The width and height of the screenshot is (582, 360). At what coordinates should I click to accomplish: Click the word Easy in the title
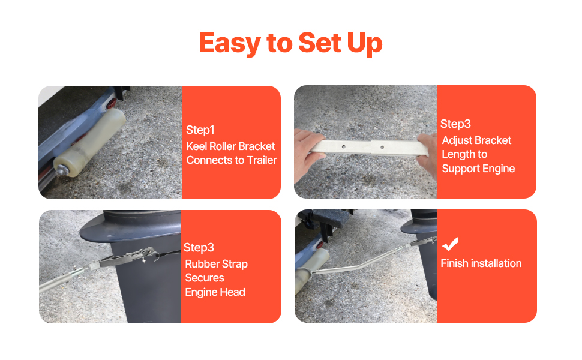pos(229,43)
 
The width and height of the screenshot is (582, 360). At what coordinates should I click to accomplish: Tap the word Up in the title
pos(364,44)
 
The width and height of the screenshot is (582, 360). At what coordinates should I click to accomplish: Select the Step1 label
pos(200,130)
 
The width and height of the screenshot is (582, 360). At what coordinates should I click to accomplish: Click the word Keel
pos(197,146)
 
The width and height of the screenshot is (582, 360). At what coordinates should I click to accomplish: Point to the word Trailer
pos(262,160)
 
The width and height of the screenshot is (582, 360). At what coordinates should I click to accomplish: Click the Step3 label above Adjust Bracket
pos(455,124)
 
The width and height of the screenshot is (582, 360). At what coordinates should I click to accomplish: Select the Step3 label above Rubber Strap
pos(199,248)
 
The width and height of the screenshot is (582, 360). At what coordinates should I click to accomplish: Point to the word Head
pos(233,292)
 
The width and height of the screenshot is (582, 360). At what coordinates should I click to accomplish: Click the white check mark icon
pos(450,244)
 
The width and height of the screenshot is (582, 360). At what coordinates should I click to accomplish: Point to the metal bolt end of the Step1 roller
pos(61,170)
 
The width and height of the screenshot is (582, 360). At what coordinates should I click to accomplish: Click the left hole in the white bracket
pos(344,146)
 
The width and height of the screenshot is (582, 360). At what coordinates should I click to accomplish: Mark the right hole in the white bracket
pos(382,148)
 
